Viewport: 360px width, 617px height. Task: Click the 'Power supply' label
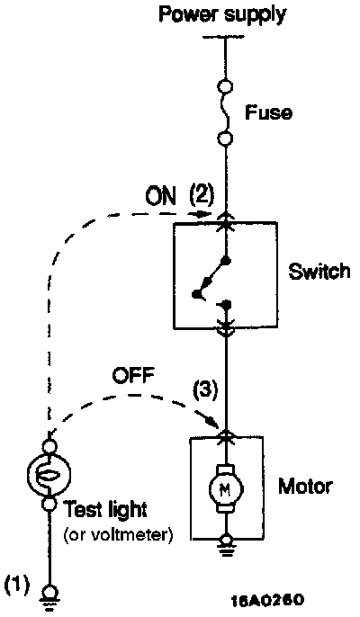pos(222,15)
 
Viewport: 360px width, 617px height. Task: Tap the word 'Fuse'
pos(269,113)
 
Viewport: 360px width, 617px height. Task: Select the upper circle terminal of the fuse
pos(226,86)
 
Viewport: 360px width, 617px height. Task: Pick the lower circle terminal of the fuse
pos(226,139)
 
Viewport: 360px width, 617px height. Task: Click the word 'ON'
pos(160,196)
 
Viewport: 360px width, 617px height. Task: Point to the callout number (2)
pos(201,195)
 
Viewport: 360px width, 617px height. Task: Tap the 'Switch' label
pos(319,272)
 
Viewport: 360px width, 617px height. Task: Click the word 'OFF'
pos(133,375)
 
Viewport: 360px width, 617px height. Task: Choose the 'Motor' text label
pos(305,487)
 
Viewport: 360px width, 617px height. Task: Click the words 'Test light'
pos(104,510)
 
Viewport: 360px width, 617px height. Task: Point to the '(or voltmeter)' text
pos(118,535)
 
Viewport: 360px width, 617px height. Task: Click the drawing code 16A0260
pos(268,601)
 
